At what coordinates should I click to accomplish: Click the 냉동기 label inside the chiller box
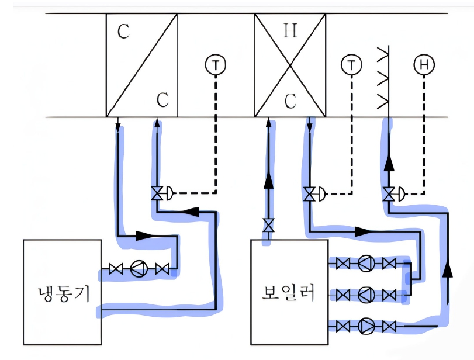click(x=64, y=294)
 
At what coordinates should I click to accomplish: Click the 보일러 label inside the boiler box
click(x=288, y=293)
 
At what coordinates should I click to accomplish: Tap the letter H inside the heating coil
click(x=290, y=31)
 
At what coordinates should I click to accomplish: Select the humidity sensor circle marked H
click(x=424, y=64)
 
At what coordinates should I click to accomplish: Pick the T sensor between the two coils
click(x=216, y=65)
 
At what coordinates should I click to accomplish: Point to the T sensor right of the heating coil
click(x=351, y=65)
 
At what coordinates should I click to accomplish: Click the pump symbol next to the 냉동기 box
click(x=139, y=268)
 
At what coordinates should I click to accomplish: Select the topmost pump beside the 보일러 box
click(x=366, y=263)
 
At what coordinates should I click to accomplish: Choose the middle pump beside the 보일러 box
click(x=366, y=295)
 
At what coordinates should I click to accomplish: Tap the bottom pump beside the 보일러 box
click(x=366, y=327)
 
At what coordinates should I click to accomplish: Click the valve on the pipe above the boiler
click(x=268, y=225)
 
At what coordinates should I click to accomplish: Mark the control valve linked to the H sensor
click(x=388, y=194)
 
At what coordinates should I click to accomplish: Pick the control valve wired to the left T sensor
click(x=157, y=193)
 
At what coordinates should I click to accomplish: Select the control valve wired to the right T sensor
click(x=309, y=194)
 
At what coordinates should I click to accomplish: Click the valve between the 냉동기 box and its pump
click(x=116, y=268)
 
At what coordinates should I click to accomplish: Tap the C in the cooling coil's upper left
click(x=123, y=31)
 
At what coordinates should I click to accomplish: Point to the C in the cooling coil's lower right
click(x=162, y=99)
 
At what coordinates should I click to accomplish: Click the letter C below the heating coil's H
click(x=290, y=101)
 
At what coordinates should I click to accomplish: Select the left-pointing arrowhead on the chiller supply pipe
click(x=191, y=212)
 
